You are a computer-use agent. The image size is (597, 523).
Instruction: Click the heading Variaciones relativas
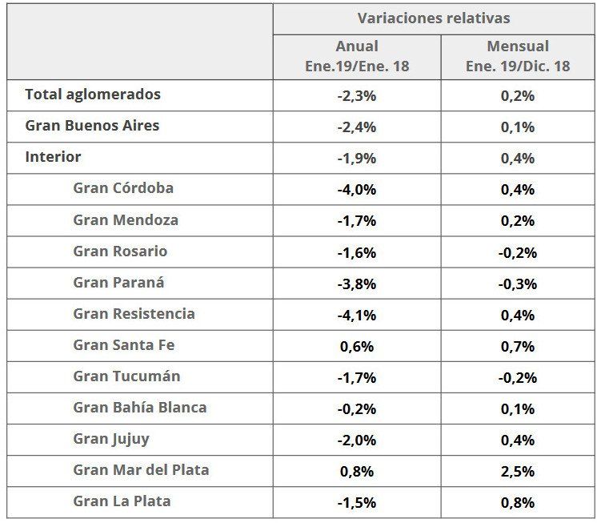click(433, 18)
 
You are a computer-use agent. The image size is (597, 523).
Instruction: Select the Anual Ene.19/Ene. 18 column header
click(356, 56)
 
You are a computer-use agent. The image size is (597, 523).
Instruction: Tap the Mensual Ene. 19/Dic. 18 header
click(518, 56)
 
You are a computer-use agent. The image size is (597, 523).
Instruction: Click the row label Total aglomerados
click(93, 95)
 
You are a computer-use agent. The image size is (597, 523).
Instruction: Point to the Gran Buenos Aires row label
click(92, 126)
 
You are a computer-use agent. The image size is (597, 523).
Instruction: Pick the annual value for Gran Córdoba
click(356, 189)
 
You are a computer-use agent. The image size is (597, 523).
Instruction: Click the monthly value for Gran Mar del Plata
click(518, 472)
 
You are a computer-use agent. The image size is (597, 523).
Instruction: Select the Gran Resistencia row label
click(134, 314)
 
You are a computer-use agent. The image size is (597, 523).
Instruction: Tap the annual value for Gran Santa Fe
click(356, 346)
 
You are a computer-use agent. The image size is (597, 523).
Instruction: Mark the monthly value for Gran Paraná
click(518, 284)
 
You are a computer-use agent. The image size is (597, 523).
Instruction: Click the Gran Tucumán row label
click(126, 376)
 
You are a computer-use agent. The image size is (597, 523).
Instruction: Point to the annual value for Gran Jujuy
click(356, 441)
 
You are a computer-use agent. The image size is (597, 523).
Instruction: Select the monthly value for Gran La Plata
click(518, 503)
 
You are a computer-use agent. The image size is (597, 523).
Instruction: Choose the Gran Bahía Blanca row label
click(140, 408)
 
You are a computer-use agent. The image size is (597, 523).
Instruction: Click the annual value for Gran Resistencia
click(356, 315)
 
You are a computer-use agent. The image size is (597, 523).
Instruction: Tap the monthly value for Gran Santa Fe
click(518, 346)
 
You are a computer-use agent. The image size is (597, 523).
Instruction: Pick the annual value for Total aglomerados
click(356, 95)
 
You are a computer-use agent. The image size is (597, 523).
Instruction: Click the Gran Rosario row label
click(120, 251)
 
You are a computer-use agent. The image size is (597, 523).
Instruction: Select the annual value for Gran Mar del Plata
click(356, 472)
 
